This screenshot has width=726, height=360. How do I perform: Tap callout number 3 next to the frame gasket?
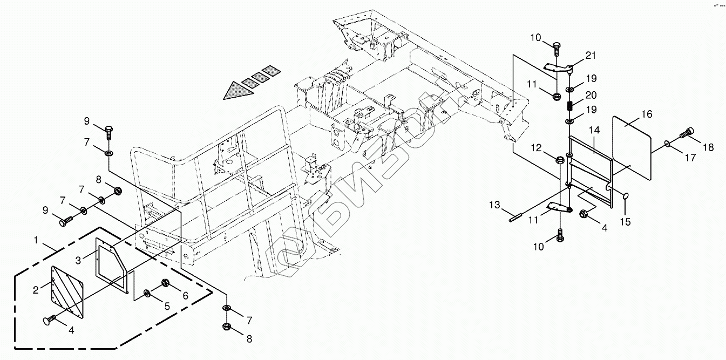click(x=79, y=260)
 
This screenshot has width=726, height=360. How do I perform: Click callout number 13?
click(x=496, y=205)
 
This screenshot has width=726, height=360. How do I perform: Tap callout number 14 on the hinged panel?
click(x=594, y=130)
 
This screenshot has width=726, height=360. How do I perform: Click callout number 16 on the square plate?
click(x=647, y=114)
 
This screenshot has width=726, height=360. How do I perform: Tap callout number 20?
click(x=591, y=95)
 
